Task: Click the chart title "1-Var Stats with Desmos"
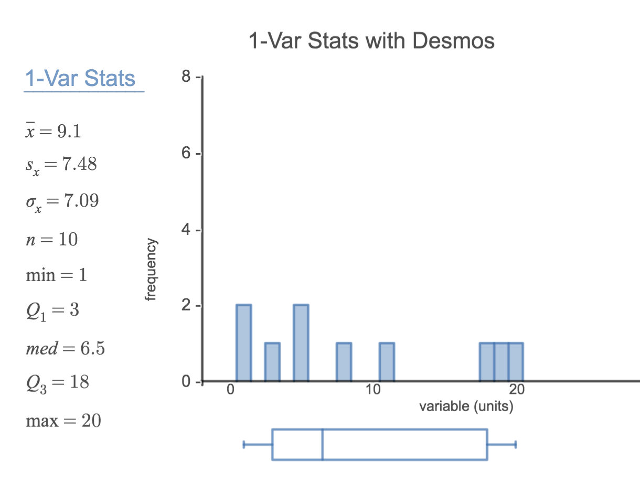click(x=371, y=40)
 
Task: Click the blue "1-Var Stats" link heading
click(x=80, y=79)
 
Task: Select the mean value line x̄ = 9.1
click(x=54, y=131)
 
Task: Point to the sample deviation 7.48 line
click(x=61, y=165)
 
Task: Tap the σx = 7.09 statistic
click(x=62, y=201)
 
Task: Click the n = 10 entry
click(x=52, y=239)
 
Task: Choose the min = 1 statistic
click(x=57, y=274)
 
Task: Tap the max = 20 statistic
click(x=63, y=420)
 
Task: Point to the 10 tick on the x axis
click(x=373, y=390)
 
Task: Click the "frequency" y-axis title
click(x=151, y=270)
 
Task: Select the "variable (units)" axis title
click(x=466, y=406)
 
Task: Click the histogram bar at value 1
click(x=244, y=343)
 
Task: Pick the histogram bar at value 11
click(x=387, y=362)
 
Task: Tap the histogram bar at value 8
click(x=344, y=362)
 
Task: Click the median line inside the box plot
click(x=323, y=445)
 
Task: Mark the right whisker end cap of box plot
click(x=516, y=445)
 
